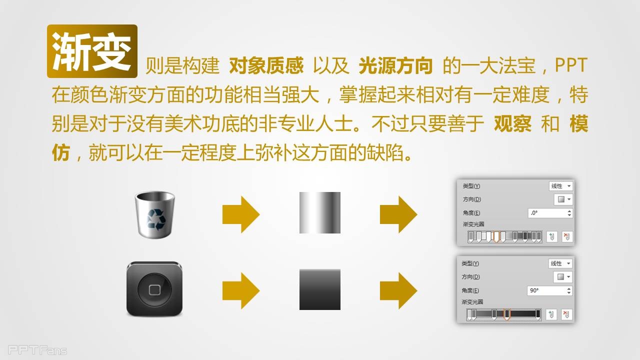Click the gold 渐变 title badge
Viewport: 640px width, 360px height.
point(92,51)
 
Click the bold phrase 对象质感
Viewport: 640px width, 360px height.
point(266,65)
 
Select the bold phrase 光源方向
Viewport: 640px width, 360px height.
point(395,65)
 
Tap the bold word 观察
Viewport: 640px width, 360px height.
point(512,123)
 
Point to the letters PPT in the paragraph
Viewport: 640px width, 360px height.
point(571,65)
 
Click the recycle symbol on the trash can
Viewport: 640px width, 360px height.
point(156,219)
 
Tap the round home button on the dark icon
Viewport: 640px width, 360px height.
point(154,289)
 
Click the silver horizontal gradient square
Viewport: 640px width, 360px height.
point(320,212)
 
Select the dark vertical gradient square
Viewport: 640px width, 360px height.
point(320,289)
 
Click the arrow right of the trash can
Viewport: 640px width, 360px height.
point(241,214)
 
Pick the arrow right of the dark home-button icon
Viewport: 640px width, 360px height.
point(241,291)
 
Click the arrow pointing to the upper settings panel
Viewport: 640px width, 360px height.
point(398,214)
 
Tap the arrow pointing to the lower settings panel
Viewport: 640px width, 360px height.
point(398,291)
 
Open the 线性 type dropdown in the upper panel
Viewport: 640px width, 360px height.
point(561,186)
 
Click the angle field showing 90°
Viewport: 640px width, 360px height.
point(549,290)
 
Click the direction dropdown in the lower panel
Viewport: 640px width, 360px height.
point(563,277)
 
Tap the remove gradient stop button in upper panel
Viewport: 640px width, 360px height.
point(567,237)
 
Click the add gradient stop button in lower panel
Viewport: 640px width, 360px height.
point(551,314)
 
